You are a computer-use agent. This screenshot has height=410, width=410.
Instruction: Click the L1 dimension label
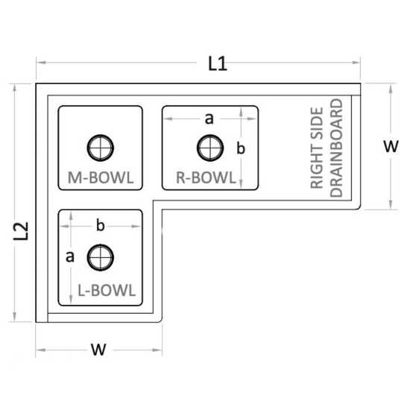(x=217, y=64)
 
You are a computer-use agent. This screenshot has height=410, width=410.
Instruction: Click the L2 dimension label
(x=21, y=231)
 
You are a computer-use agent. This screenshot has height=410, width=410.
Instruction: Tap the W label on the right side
(x=391, y=146)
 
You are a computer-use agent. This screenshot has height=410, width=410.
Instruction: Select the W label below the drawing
(x=98, y=350)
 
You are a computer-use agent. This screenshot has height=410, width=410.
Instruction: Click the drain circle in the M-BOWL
(x=101, y=148)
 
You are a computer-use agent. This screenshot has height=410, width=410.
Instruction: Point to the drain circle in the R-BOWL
(x=210, y=148)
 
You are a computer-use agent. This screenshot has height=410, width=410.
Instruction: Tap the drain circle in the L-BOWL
(x=101, y=258)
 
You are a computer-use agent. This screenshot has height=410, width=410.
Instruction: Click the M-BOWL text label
(x=101, y=177)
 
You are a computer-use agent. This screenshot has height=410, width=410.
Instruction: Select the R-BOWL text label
(x=206, y=177)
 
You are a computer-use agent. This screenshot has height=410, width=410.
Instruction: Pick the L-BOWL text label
(x=107, y=290)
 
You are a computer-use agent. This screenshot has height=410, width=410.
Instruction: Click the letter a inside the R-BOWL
(x=209, y=119)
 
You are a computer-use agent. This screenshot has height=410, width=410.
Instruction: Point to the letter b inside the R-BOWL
(x=241, y=148)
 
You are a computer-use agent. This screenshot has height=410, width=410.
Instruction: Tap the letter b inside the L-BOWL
(x=101, y=225)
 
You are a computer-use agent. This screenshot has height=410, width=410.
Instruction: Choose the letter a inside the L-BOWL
(x=70, y=256)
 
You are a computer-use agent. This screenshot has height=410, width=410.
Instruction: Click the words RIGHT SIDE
(x=317, y=148)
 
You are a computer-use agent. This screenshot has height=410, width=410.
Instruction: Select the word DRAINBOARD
(x=336, y=148)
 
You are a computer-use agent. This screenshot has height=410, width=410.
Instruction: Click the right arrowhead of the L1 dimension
(x=356, y=63)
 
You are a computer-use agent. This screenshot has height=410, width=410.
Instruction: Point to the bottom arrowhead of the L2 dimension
(x=14, y=317)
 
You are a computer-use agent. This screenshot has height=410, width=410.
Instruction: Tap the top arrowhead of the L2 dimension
(x=14, y=89)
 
